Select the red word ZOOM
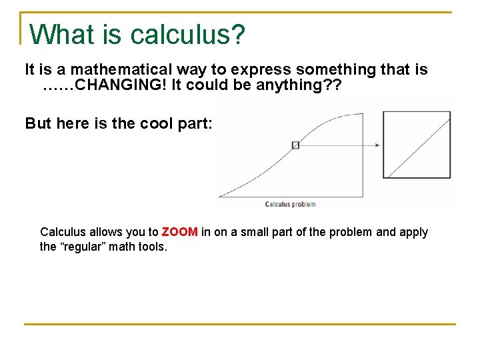tap(179, 232)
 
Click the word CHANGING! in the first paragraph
tap(123, 85)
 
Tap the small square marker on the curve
tap(295, 145)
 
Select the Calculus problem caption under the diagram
tap(290, 204)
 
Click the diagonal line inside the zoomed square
tap(419, 145)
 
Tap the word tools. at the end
tap(153, 247)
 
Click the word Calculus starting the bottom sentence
tap(63, 232)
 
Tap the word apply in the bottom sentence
tap(413, 232)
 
